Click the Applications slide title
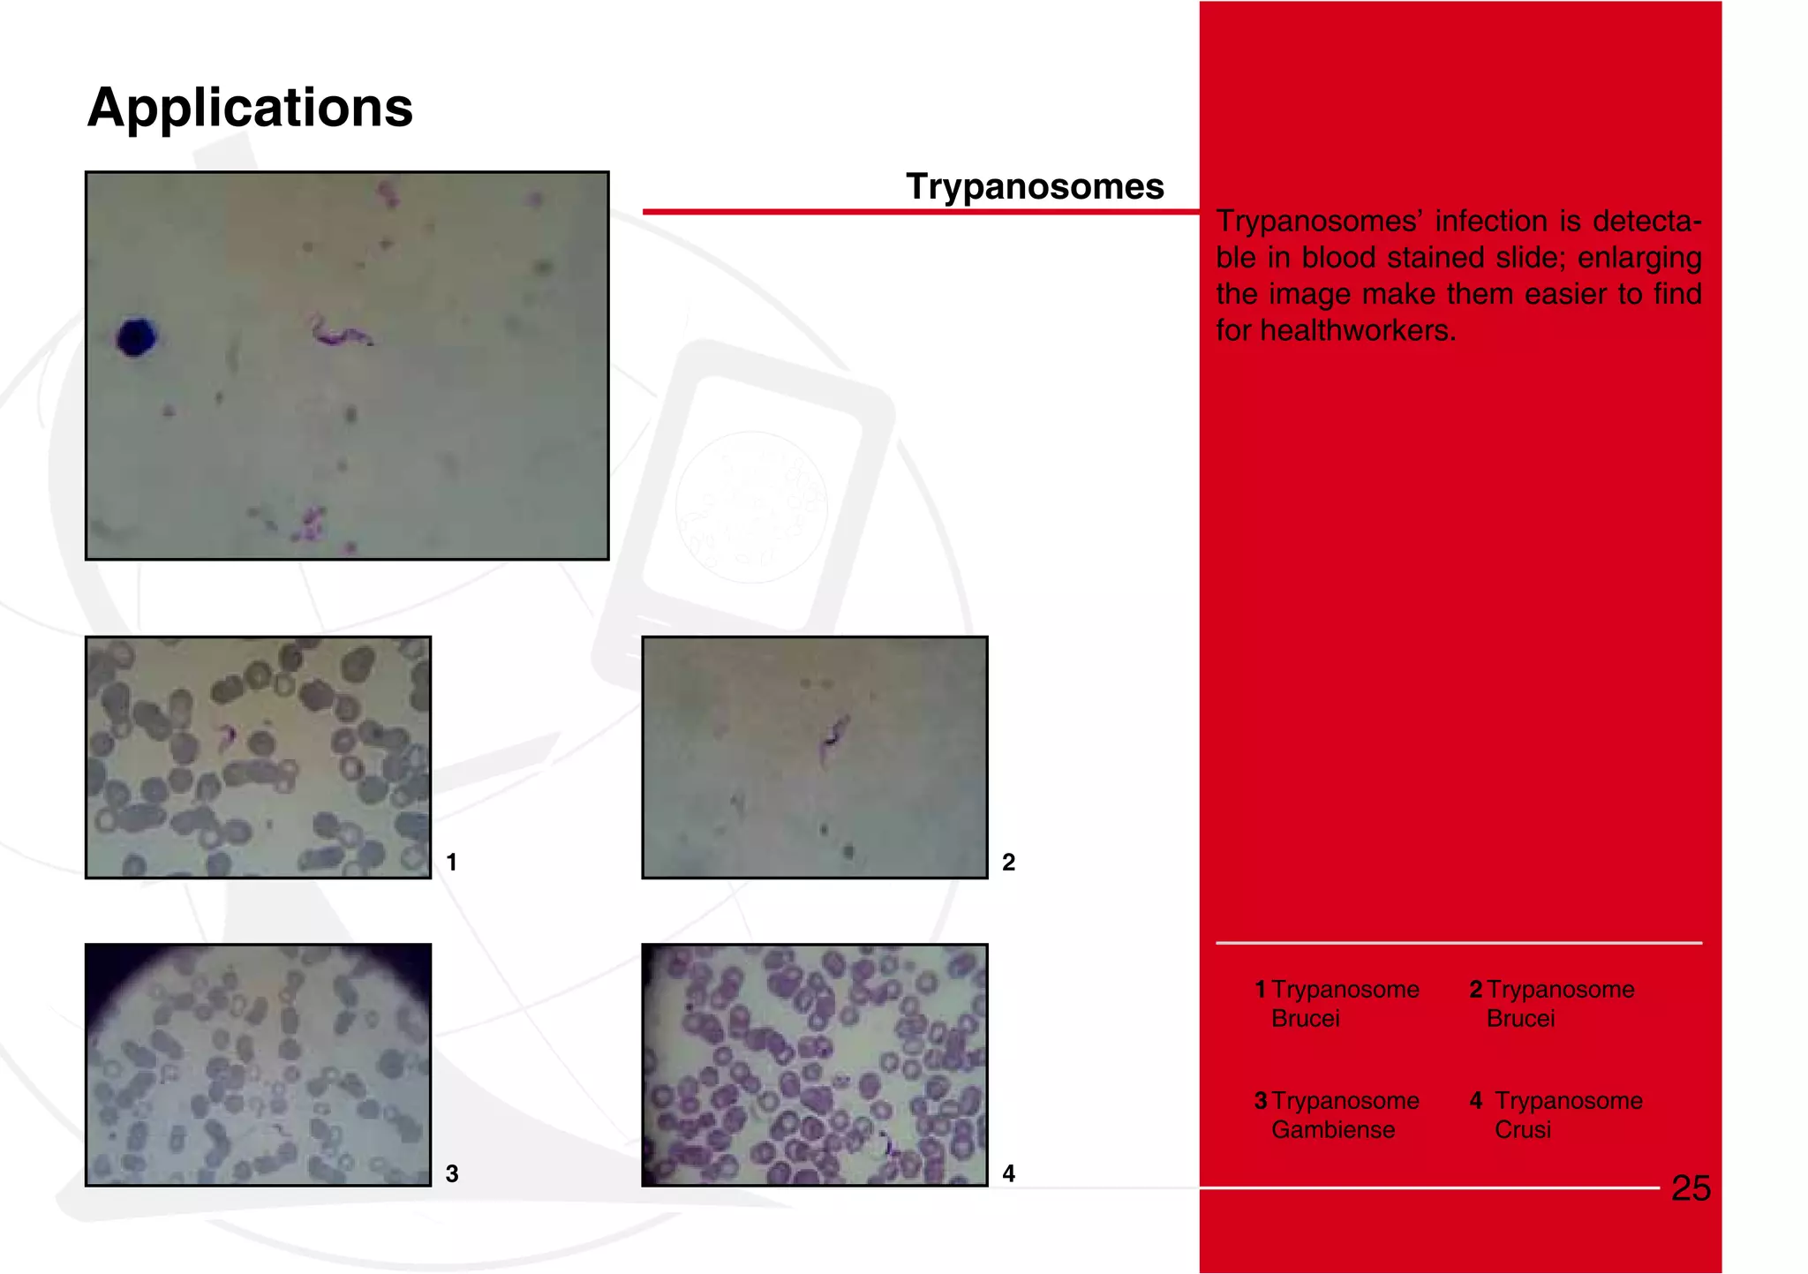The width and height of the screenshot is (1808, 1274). pos(250,108)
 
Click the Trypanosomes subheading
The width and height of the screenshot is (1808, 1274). pos(1035,186)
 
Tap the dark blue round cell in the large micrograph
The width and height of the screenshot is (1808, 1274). pos(137,337)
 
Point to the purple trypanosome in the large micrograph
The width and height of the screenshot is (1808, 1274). pos(339,333)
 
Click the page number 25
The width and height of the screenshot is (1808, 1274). pos(1691,1188)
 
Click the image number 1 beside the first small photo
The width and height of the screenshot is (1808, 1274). pos(451,862)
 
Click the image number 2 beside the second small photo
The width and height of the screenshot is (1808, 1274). pos(1008,862)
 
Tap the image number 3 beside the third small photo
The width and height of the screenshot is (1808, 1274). pos(451,1173)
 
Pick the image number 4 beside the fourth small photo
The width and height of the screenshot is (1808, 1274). pos(1008,1173)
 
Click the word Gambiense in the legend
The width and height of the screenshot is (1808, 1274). pos(1332,1130)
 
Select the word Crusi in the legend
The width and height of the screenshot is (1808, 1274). pos(1522,1130)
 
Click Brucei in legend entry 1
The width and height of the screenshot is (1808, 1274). pos(1305,1019)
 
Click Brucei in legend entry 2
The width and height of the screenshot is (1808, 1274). pos(1520,1019)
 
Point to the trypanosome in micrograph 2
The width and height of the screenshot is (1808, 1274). pos(832,738)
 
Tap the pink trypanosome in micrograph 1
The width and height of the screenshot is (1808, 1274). pos(227,734)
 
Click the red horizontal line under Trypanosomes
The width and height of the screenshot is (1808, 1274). pos(918,212)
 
